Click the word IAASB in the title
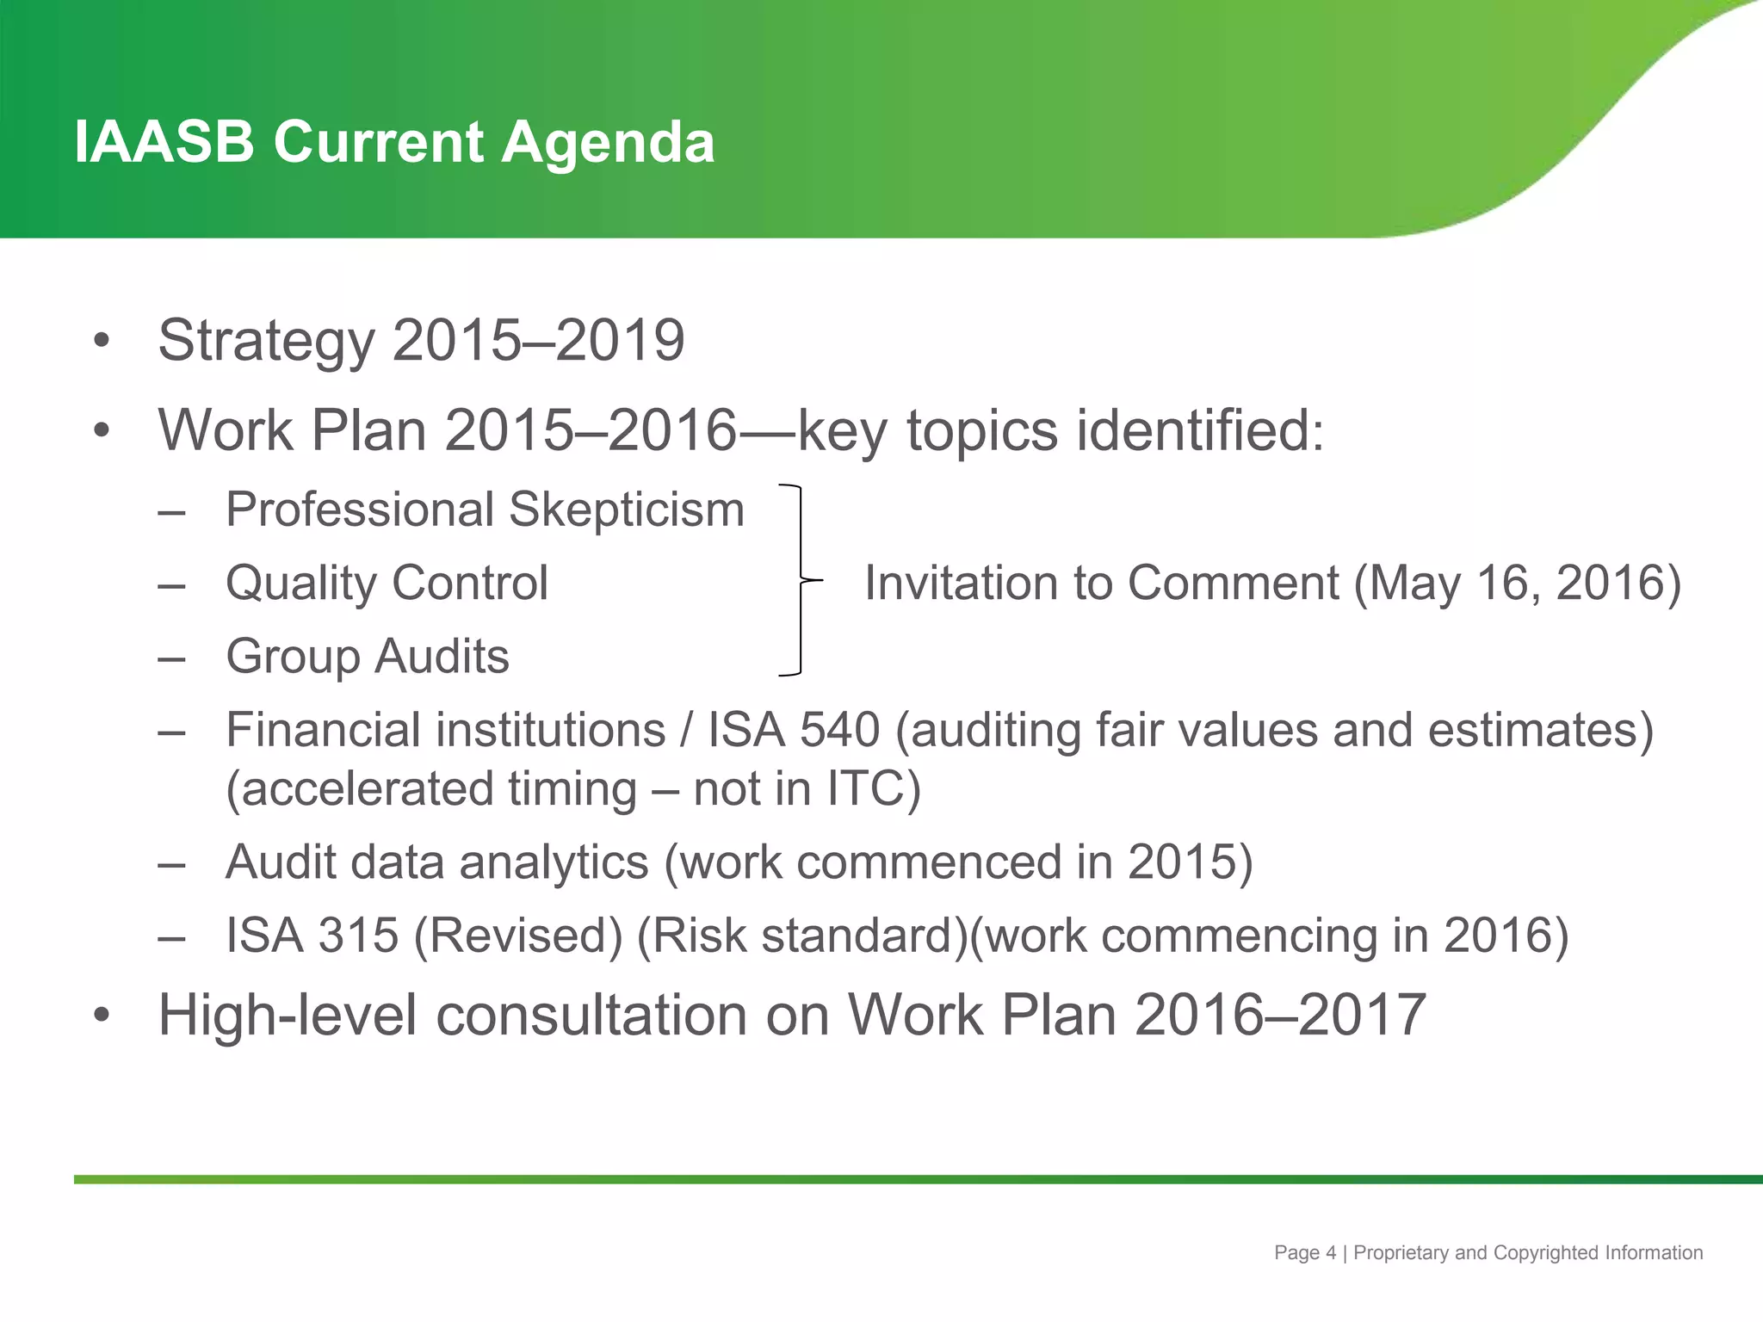[x=164, y=142]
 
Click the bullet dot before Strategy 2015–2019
[x=102, y=341]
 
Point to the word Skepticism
[x=626, y=510]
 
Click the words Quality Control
[x=387, y=583]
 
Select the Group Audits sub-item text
[x=367, y=657]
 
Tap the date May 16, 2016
[x=1515, y=583]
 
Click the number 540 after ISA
[x=839, y=730]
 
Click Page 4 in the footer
[x=1305, y=1253]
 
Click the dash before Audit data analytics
[x=172, y=863]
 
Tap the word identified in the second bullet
[x=1200, y=430]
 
